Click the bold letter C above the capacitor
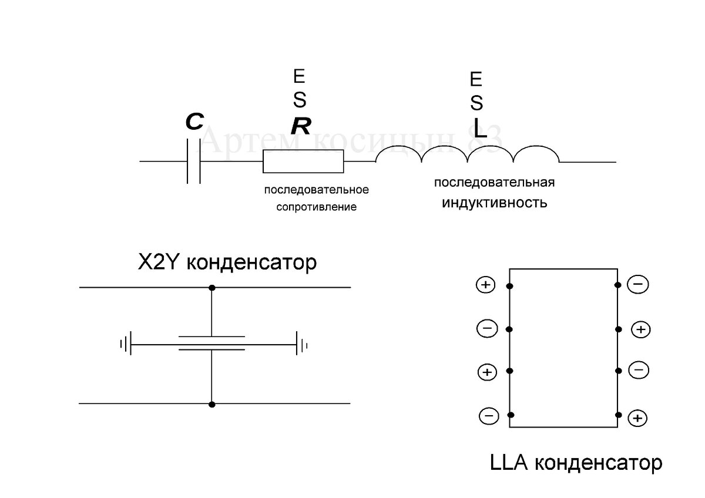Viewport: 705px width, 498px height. [x=194, y=123]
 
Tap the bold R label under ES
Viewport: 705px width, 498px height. [x=301, y=125]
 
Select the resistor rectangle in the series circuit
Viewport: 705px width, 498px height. [x=303, y=161]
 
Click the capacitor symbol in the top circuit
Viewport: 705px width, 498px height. [x=193, y=161]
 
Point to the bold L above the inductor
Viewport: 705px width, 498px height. [x=480, y=130]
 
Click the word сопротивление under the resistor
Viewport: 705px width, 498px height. [x=317, y=207]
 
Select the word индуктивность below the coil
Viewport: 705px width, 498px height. [x=495, y=203]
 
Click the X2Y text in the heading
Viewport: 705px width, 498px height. [x=158, y=262]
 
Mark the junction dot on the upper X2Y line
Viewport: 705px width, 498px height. [x=211, y=288]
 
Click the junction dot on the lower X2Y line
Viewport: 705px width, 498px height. [x=211, y=404]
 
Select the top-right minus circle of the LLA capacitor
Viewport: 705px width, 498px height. [x=638, y=285]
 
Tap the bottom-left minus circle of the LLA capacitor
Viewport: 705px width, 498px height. [x=488, y=416]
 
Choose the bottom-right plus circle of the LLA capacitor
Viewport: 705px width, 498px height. [x=638, y=418]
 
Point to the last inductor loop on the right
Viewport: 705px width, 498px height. [x=536, y=154]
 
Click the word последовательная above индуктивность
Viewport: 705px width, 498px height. [x=495, y=182]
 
